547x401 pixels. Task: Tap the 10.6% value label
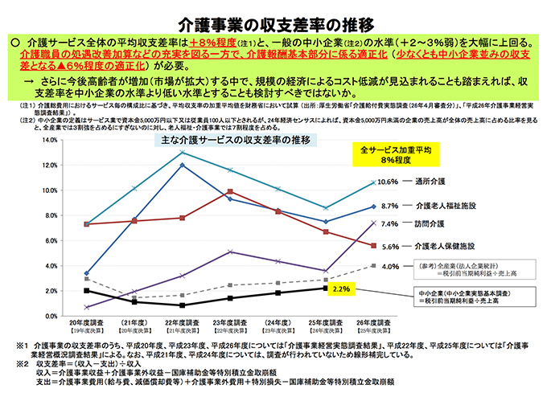[388, 181]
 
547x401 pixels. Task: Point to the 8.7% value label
[388, 206]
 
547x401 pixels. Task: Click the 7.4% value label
[388, 224]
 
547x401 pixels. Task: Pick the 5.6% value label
[388, 247]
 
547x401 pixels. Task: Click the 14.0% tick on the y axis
[50, 139]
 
